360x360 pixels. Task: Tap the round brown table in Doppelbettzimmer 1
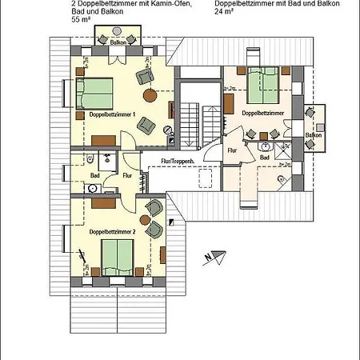[166, 130]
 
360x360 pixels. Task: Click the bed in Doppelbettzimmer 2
[117, 257]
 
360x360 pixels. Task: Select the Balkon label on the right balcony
[313, 136]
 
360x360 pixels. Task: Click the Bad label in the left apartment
[94, 174]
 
